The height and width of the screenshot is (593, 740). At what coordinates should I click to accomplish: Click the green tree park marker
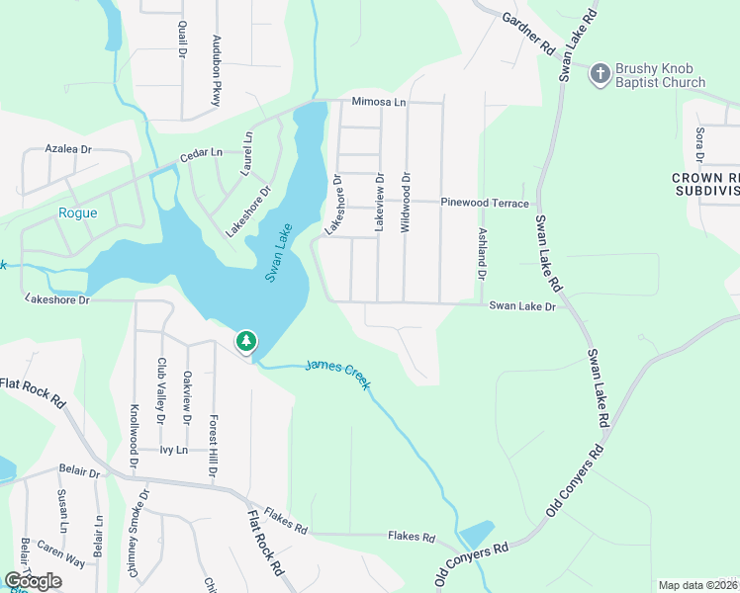coord(245,342)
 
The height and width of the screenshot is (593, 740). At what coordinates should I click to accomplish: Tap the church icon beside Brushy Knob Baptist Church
coord(599,74)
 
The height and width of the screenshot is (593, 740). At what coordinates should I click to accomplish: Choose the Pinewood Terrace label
coord(485,202)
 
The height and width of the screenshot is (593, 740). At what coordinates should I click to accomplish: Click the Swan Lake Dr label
coord(523,306)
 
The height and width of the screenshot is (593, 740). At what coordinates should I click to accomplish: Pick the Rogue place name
coord(78,213)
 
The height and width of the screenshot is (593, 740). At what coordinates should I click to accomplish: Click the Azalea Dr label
coord(68,148)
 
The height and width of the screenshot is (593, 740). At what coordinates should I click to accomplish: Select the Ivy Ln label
coord(174,449)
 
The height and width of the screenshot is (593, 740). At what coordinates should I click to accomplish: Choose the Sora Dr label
coord(698,144)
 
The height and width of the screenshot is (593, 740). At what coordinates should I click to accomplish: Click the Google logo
coord(33,580)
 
